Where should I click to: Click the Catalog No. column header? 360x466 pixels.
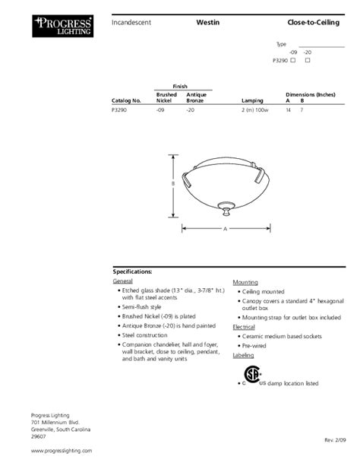[127, 100]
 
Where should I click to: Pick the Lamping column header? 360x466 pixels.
[251, 100]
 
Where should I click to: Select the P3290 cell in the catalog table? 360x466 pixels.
[121, 111]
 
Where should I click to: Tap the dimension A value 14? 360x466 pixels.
[288, 111]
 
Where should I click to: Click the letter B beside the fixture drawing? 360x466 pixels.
[173, 183]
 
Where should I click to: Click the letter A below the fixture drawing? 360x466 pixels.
[225, 228]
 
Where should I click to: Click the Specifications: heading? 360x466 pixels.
[133, 271]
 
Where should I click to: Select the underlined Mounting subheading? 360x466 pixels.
[245, 281]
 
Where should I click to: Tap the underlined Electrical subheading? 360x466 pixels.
[245, 326]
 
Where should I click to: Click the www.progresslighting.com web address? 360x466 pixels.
[61, 450]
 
